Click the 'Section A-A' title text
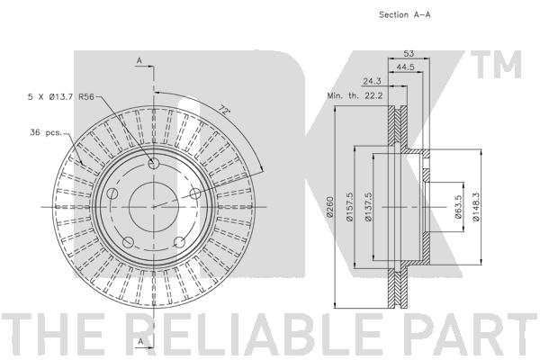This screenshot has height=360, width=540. coord(405,14)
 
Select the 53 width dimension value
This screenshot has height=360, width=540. coord(409,53)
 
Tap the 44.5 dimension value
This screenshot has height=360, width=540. coord(405,67)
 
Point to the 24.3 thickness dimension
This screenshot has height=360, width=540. coord(372,81)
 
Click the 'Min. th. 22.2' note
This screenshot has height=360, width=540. coord(355,95)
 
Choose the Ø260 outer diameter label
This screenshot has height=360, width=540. coord(330,207)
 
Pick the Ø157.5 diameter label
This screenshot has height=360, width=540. coord(349,207)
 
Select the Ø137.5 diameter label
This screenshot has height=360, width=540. coord(368,207)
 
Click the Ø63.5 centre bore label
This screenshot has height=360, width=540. coord(458,207)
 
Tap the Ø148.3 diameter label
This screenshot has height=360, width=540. coord(476,207)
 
